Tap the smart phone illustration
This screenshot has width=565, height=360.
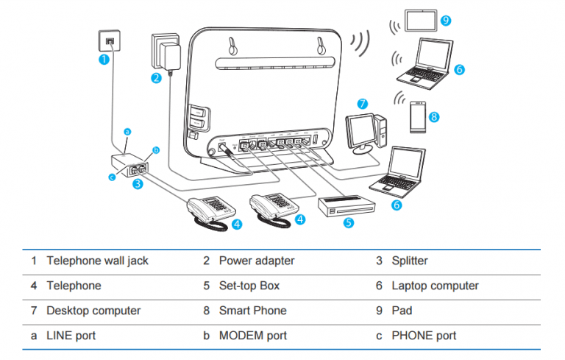point(416,116)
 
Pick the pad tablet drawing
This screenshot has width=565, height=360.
point(417,20)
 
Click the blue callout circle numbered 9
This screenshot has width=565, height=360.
point(445,20)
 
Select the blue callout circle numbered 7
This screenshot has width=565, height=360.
point(362,103)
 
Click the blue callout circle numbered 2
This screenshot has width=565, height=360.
point(157,78)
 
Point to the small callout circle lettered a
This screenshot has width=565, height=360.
point(127,133)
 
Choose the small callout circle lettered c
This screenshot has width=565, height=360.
point(113,176)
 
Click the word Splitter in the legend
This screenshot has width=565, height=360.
point(410,261)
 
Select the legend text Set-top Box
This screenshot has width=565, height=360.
point(249,286)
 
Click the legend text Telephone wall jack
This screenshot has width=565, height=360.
point(97,261)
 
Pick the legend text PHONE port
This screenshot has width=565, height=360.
point(424,336)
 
